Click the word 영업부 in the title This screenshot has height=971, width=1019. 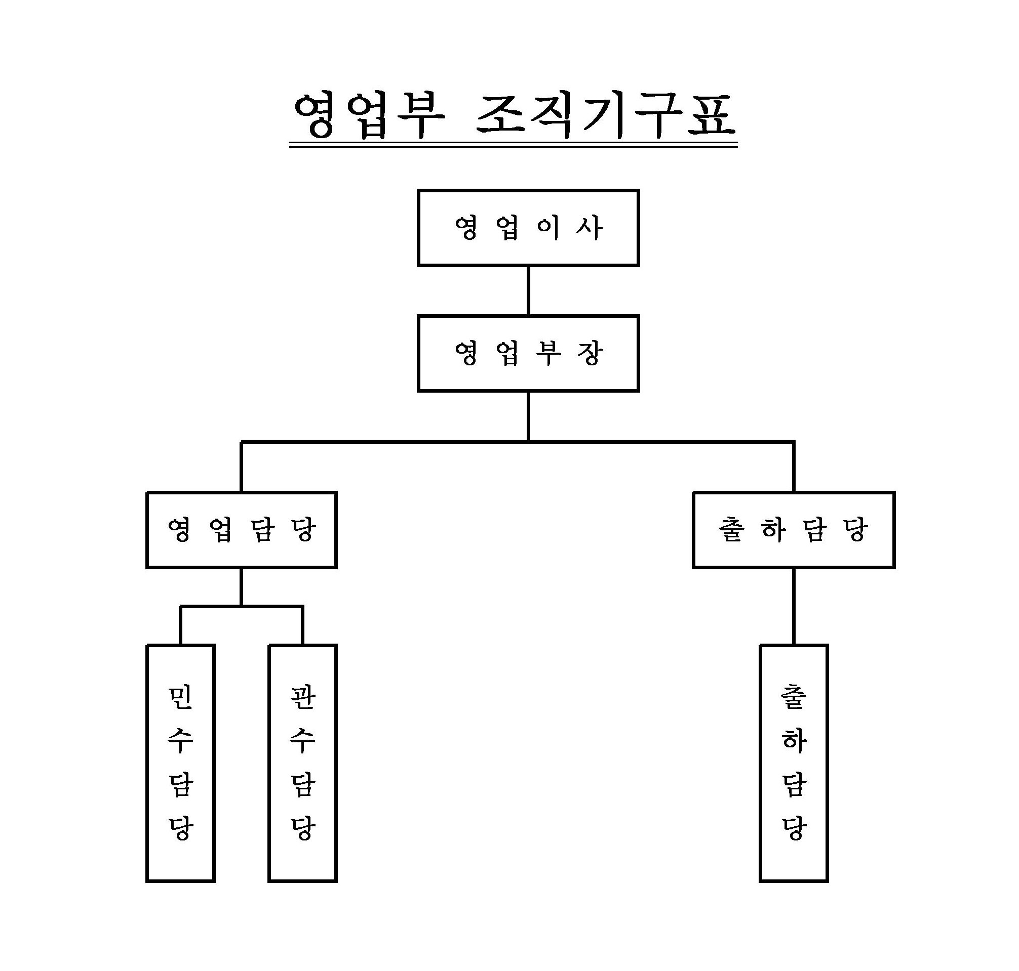pyautogui.click(x=369, y=116)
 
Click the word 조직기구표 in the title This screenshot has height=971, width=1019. pyautogui.click(x=605, y=116)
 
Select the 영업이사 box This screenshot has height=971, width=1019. pyautogui.click(x=528, y=228)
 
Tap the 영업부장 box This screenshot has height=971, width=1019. pyautogui.click(x=528, y=354)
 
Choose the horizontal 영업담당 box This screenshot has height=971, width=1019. pyautogui.click(x=242, y=530)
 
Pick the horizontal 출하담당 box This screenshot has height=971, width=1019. pyautogui.click(x=793, y=530)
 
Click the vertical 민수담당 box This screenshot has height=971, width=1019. pyautogui.click(x=180, y=763)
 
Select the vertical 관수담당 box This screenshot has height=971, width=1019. pyautogui.click(x=302, y=763)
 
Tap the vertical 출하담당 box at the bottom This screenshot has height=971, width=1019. pyautogui.click(x=793, y=763)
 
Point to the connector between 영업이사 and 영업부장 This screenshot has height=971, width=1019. pyautogui.click(x=528, y=290)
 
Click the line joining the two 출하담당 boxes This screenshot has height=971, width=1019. pyautogui.click(x=793, y=606)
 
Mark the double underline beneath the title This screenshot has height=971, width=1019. pyautogui.click(x=513, y=145)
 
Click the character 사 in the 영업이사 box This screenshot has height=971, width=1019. pyautogui.click(x=590, y=228)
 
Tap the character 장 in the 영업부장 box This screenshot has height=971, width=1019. pyautogui.click(x=590, y=354)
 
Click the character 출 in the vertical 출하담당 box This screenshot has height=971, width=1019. pyautogui.click(x=793, y=697)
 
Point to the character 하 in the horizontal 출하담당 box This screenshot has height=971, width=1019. pyautogui.click(x=773, y=530)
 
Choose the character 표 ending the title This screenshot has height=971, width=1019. pyautogui.click(x=711, y=116)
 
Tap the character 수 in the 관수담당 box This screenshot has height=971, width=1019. pyautogui.click(x=302, y=741)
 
